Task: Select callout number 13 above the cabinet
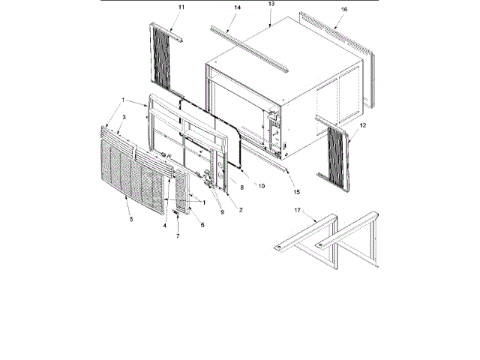coord(271,4)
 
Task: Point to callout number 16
coord(344,10)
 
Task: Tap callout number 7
coord(178,236)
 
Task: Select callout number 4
coord(164,224)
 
